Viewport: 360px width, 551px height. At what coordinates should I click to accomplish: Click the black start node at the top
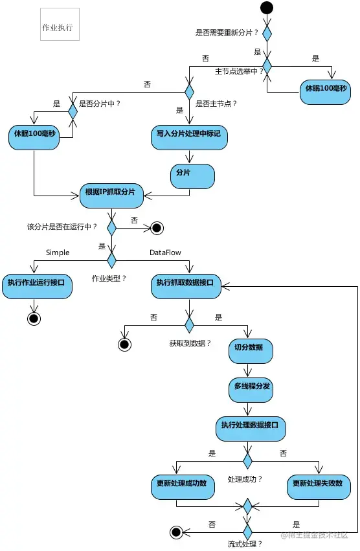click(267, 7)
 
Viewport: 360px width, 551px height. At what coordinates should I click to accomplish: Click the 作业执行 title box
click(60, 24)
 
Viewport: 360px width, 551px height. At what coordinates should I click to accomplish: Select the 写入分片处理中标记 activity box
click(189, 138)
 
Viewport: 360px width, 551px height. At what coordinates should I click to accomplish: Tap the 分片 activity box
click(192, 176)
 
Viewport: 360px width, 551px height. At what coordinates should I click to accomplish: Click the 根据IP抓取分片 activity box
click(111, 196)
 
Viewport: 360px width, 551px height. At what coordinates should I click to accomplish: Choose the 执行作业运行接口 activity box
click(38, 287)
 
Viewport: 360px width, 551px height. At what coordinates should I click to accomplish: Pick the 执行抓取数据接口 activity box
click(186, 287)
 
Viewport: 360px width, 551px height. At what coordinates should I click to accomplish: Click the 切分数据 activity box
click(251, 351)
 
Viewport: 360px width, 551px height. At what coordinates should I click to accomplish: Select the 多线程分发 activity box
click(251, 390)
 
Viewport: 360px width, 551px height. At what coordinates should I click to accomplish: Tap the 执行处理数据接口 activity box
click(251, 429)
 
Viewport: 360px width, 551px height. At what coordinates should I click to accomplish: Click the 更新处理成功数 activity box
click(183, 488)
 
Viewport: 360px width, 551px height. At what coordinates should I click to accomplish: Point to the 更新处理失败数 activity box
click(319, 488)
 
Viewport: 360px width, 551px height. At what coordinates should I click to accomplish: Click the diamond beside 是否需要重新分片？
click(267, 34)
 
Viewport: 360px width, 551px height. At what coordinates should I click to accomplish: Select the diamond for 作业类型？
click(111, 260)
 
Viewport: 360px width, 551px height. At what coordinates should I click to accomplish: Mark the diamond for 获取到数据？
click(189, 324)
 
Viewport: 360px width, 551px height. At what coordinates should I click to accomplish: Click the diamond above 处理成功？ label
click(247, 460)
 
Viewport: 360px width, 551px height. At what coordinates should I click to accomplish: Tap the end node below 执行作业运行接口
click(34, 319)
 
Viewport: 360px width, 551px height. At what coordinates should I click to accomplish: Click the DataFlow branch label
click(165, 253)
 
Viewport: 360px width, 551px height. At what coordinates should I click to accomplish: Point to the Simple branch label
click(58, 253)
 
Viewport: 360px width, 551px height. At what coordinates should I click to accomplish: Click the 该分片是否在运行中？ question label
click(62, 227)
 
